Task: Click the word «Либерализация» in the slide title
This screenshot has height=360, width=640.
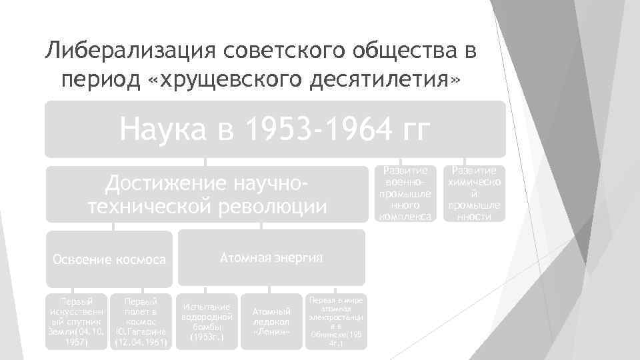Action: pyautogui.click(x=128, y=51)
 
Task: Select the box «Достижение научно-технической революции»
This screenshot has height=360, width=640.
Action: pyautogui.click(x=207, y=194)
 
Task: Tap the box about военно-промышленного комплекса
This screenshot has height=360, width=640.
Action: pyautogui.click(x=405, y=193)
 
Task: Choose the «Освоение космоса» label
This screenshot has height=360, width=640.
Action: pyautogui.click(x=109, y=259)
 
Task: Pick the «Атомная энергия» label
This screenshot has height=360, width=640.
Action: pyautogui.click(x=271, y=257)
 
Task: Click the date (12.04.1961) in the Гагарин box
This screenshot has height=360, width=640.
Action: pyautogui.click(x=141, y=343)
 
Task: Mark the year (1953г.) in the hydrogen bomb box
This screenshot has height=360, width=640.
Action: pyautogui.click(x=205, y=337)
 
